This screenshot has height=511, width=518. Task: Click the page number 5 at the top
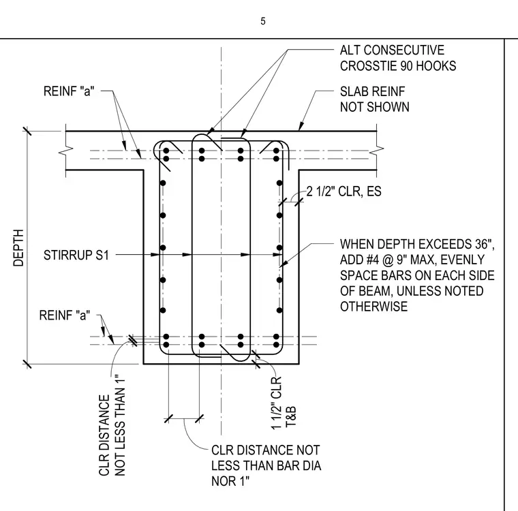[262, 21]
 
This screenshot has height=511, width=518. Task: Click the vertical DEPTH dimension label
[18, 248]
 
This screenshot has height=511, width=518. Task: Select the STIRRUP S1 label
[76, 255]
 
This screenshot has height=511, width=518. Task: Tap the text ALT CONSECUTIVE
[392, 50]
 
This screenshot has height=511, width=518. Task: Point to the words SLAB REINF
[372, 91]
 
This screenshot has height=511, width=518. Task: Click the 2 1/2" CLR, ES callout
[344, 191]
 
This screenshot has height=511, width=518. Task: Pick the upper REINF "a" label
[69, 91]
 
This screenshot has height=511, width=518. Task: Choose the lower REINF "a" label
[65, 315]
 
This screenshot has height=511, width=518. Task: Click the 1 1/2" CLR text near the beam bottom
[277, 403]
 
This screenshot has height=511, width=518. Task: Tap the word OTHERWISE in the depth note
[374, 307]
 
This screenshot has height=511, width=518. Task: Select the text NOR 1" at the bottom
[230, 481]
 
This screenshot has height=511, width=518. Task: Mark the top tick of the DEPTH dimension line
[27, 131]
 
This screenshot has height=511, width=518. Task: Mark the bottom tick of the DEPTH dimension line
[27, 364]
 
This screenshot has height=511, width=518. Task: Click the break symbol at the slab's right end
[377, 151]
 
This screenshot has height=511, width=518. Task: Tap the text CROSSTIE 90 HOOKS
[398, 66]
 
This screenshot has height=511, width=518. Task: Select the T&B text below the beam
[291, 417]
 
